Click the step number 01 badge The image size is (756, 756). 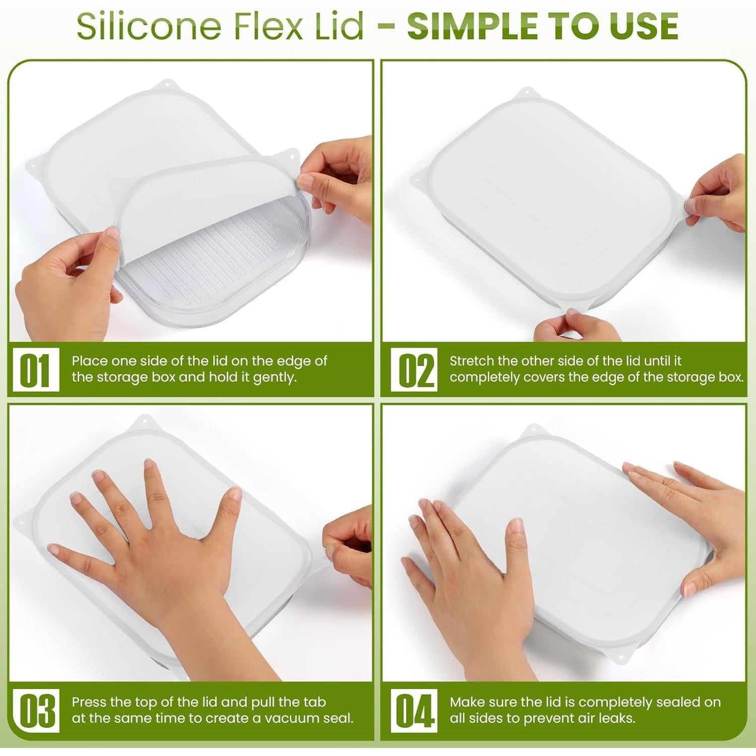[x=35, y=370]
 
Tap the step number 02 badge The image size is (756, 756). [x=415, y=370]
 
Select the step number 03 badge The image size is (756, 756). [x=35, y=711]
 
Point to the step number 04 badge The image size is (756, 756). [x=415, y=711]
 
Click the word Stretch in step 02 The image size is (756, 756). [x=472, y=361]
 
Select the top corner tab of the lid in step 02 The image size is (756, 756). [x=526, y=93]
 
